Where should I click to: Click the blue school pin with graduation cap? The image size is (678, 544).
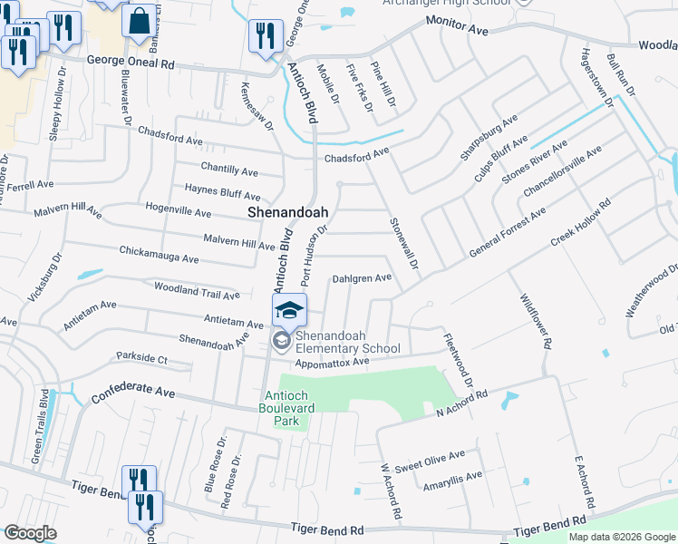click(289, 311)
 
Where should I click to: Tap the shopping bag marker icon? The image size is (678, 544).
click(139, 22)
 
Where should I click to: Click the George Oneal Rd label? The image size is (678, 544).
click(131, 63)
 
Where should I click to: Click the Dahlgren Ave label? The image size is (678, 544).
click(362, 278)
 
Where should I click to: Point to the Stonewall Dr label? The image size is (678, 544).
click(405, 243)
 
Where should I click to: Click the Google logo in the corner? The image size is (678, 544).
click(30, 533)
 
